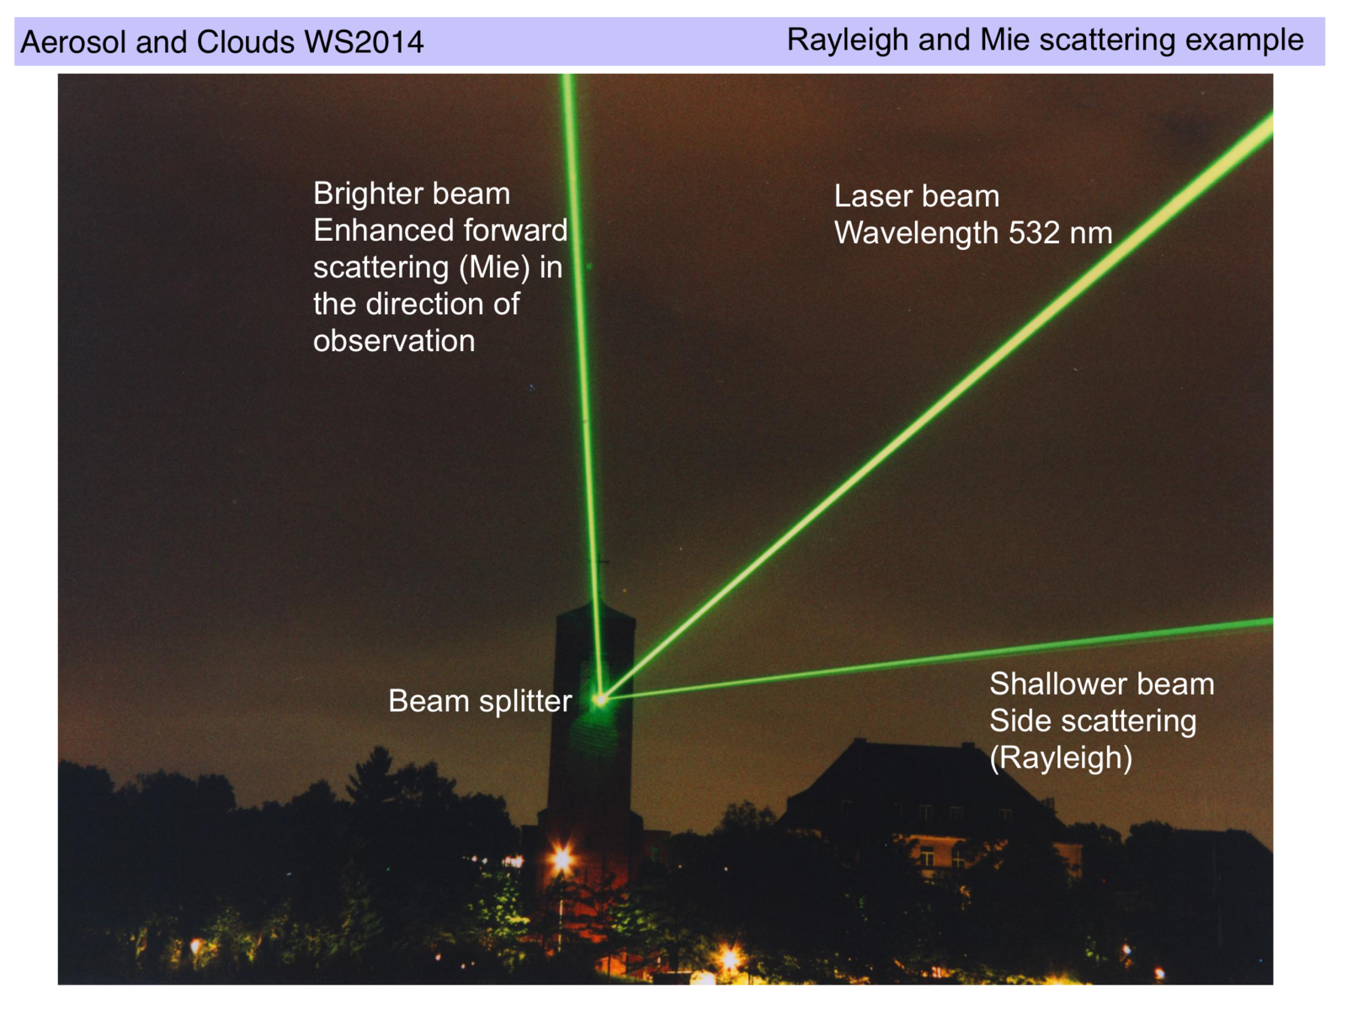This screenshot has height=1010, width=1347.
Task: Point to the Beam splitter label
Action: point(480,701)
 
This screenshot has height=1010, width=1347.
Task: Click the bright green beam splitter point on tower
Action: point(600,699)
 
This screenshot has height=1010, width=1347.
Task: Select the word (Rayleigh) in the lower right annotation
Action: point(1061,758)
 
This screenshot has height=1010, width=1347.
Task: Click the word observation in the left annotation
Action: point(394,341)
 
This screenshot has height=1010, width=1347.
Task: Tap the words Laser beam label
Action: point(917,196)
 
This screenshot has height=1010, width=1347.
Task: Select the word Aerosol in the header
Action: point(73,42)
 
